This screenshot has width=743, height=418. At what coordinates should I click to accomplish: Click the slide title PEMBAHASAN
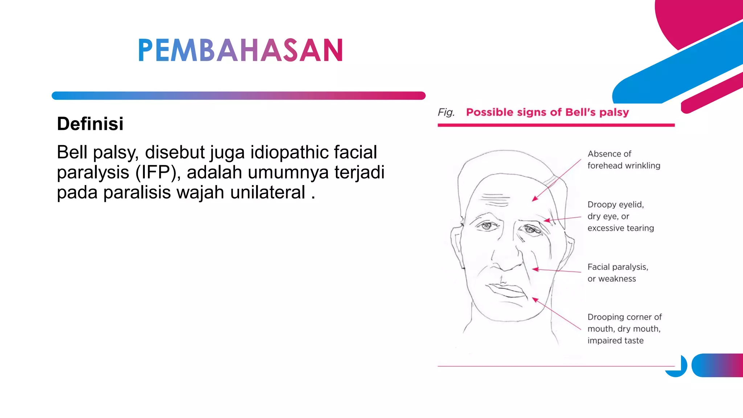(240, 50)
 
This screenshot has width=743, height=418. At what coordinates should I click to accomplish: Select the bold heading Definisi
(90, 124)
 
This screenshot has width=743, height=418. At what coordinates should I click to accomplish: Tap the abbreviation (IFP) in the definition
(158, 172)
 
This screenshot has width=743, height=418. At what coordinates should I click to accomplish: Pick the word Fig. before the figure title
(446, 112)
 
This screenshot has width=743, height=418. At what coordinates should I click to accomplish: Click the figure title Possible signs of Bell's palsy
(547, 112)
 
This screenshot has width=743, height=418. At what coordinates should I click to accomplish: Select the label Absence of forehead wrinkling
(623, 160)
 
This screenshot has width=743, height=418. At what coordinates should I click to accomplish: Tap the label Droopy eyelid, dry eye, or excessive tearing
(620, 216)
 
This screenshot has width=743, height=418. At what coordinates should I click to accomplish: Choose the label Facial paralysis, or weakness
(617, 273)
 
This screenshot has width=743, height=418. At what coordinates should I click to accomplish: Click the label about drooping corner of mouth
(624, 329)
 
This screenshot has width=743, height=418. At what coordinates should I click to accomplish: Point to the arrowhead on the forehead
(534, 198)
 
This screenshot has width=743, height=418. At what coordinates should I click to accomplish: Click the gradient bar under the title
(238, 95)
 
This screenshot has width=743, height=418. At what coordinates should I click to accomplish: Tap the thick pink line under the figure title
(556, 125)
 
